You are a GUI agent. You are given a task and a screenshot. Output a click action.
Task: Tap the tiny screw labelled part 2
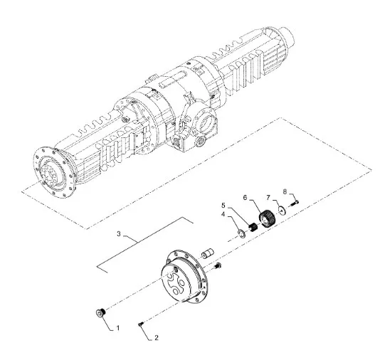click(x=142, y=323)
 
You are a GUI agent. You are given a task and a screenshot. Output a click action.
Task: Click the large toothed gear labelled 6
click(x=267, y=217)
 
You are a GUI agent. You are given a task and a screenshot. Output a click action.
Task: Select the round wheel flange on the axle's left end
click(x=52, y=171)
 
